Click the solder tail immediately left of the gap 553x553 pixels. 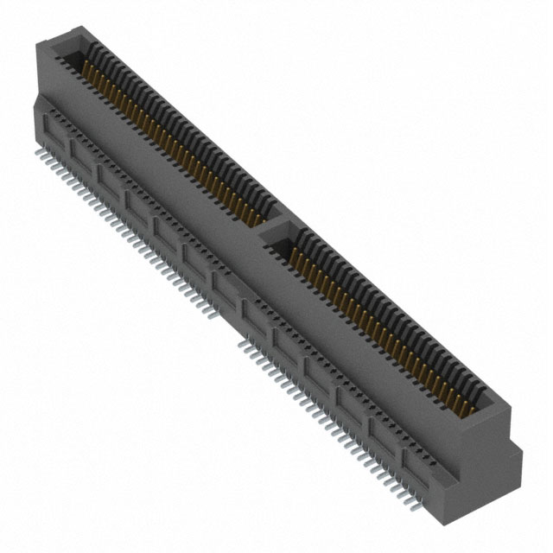click(215, 318)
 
